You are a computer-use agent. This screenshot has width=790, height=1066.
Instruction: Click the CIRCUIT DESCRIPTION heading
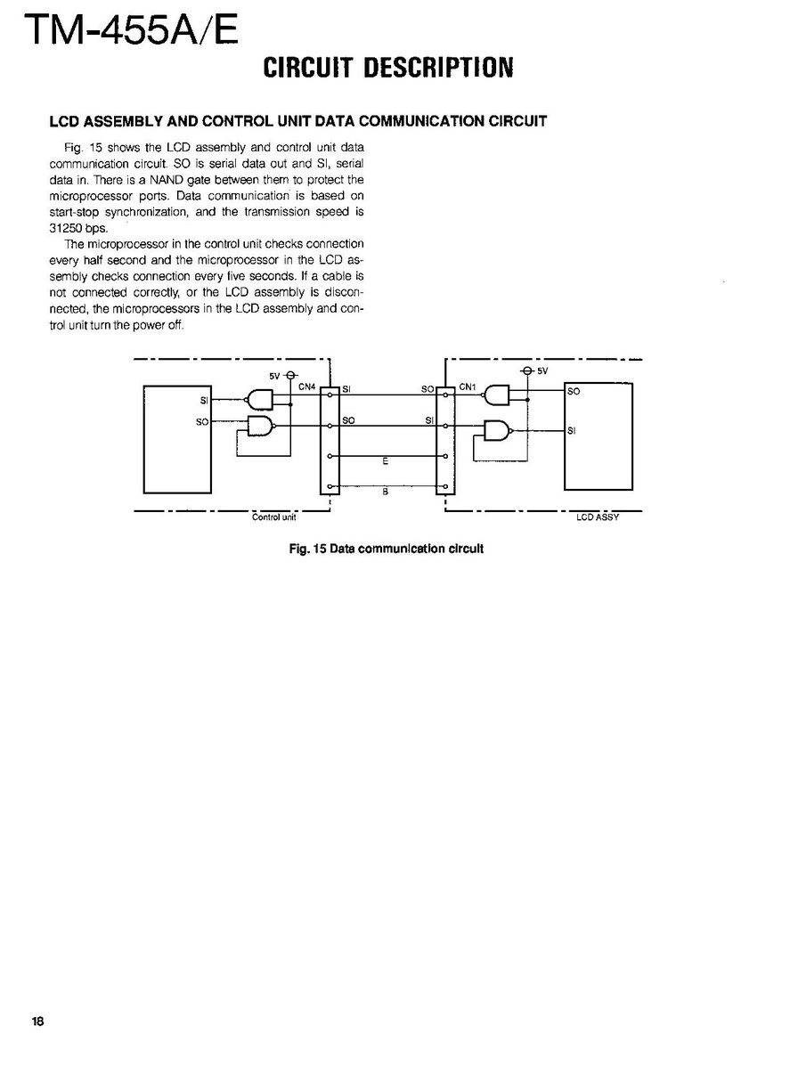pos(388,68)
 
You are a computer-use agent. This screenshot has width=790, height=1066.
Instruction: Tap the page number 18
pos(37,1021)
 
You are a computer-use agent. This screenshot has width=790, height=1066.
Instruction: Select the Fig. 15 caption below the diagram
pos(387,549)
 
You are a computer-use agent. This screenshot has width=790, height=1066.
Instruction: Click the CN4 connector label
pos(307,387)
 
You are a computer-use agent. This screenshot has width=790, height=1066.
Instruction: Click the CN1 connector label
pos(468,387)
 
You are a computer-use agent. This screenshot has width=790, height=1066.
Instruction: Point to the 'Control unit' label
pos(274,517)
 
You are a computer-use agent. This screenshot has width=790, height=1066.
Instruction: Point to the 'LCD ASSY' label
pos(597,517)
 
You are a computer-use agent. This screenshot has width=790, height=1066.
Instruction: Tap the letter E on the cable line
pos(385,462)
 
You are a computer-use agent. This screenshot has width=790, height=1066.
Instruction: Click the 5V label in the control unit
pos(274,375)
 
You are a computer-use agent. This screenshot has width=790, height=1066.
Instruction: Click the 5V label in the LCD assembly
pos(542,370)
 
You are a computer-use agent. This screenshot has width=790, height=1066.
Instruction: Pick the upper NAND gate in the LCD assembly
pos(496,395)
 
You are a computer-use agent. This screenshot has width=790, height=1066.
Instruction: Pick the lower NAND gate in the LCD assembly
pos(496,432)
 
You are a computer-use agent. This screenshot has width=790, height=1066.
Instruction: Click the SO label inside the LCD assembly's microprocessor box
pos(574,391)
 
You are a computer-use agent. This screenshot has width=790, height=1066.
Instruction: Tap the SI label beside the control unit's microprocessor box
pos(204,401)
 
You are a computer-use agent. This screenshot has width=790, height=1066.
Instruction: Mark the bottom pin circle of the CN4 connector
pos(330,486)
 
